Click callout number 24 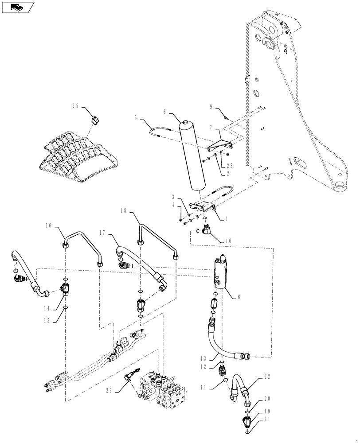pyautogui.click(x=76, y=105)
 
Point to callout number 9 pyautogui.click(x=211, y=107)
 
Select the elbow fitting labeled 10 pyautogui.click(x=205, y=229)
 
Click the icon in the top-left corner pyautogui.click(x=18, y=8)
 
